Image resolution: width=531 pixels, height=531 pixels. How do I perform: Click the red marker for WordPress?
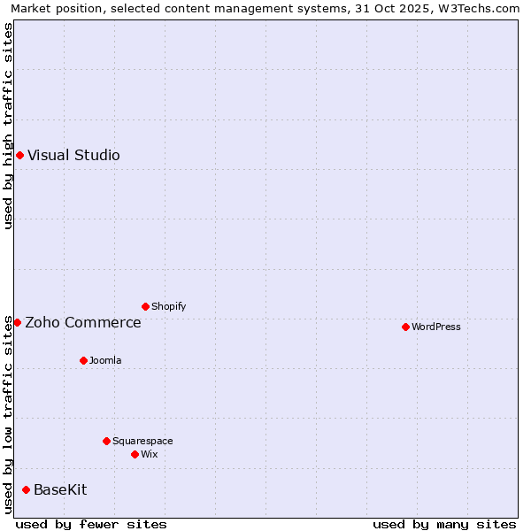(405, 327)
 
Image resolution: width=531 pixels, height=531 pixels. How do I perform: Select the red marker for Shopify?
(145, 306)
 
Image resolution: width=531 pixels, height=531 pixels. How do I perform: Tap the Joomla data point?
(83, 360)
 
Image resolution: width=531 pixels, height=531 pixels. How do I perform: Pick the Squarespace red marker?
(106, 441)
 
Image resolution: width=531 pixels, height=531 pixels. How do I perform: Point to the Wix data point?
(135, 454)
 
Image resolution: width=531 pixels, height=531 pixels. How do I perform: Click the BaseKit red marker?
(26, 489)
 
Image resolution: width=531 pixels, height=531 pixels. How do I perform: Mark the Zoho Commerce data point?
(17, 322)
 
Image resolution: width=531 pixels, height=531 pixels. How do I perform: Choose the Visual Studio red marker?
(19, 155)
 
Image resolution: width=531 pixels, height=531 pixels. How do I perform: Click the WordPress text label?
(436, 327)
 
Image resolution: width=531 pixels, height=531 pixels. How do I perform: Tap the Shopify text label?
(169, 306)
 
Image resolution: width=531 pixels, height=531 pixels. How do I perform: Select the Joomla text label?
(105, 360)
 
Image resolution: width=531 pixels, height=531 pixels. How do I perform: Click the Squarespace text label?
(142, 441)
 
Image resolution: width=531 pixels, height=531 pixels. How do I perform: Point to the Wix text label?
(150, 454)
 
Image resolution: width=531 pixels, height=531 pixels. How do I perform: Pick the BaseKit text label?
(60, 489)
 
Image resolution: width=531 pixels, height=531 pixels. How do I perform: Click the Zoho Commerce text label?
(83, 322)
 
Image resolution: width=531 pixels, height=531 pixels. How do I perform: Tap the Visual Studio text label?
(73, 155)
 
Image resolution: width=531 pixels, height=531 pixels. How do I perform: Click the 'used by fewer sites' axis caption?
(91, 524)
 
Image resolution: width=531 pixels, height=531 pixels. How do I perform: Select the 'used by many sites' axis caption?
(444, 524)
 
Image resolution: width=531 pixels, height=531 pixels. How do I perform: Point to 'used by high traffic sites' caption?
(8, 126)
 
